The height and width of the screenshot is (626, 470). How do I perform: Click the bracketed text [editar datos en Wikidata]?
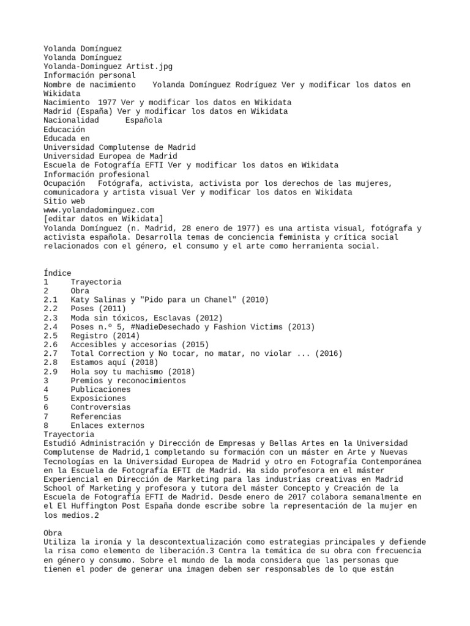103,219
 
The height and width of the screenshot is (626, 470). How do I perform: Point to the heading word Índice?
58,273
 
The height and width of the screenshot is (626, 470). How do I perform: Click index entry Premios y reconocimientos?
128,381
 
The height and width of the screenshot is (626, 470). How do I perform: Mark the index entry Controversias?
101,408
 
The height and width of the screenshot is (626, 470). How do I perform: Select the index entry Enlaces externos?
107,425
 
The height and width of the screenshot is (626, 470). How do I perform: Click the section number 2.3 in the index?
50,318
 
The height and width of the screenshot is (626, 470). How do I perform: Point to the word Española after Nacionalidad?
143,120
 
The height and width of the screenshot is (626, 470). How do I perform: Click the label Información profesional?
97,174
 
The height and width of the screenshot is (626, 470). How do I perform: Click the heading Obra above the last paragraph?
53,534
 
